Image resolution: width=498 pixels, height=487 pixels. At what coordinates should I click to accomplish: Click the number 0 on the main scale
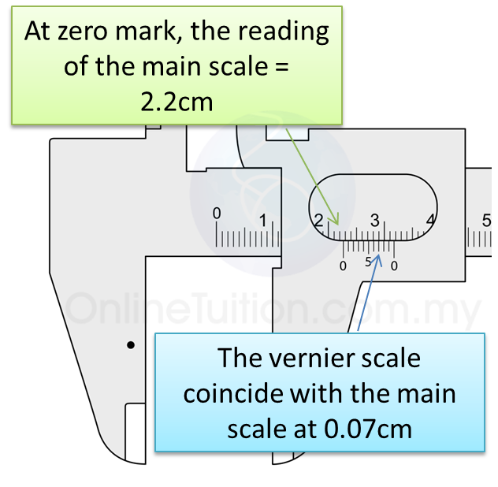[x=217, y=214]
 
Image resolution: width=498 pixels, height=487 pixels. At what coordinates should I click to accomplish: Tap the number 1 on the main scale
[x=263, y=221]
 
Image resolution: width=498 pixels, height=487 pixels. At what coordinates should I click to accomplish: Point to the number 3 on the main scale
[x=375, y=220]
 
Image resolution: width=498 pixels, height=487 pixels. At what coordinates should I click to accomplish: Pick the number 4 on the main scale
[x=430, y=221]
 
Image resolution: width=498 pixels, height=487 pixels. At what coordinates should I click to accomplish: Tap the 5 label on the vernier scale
[x=369, y=263]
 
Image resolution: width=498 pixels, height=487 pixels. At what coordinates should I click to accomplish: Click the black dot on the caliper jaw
[x=131, y=344]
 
